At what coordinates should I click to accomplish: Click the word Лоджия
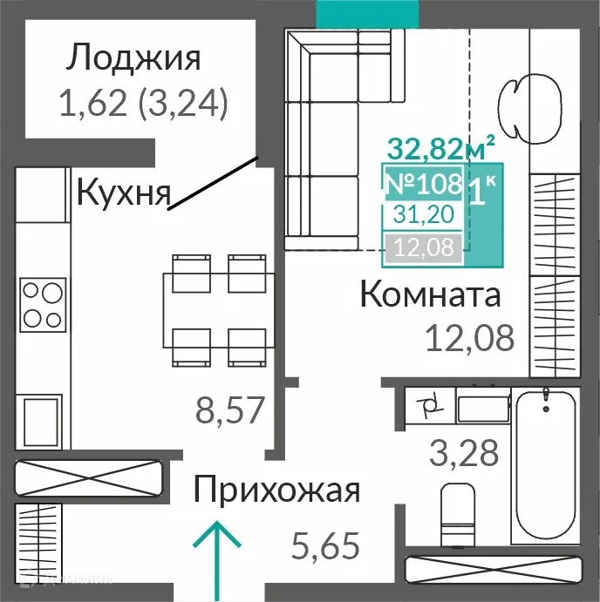click(134, 58)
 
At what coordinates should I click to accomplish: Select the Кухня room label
click(122, 192)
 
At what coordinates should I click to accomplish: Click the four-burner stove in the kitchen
click(43, 303)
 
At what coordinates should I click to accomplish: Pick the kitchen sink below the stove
click(39, 420)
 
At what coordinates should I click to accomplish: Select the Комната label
click(430, 295)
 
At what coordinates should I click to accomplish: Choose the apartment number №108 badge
click(424, 184)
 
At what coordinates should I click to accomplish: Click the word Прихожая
click(276, 490)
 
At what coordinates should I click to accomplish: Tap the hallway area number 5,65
click(324, 548)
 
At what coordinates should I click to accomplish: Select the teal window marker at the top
click(367, 12)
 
